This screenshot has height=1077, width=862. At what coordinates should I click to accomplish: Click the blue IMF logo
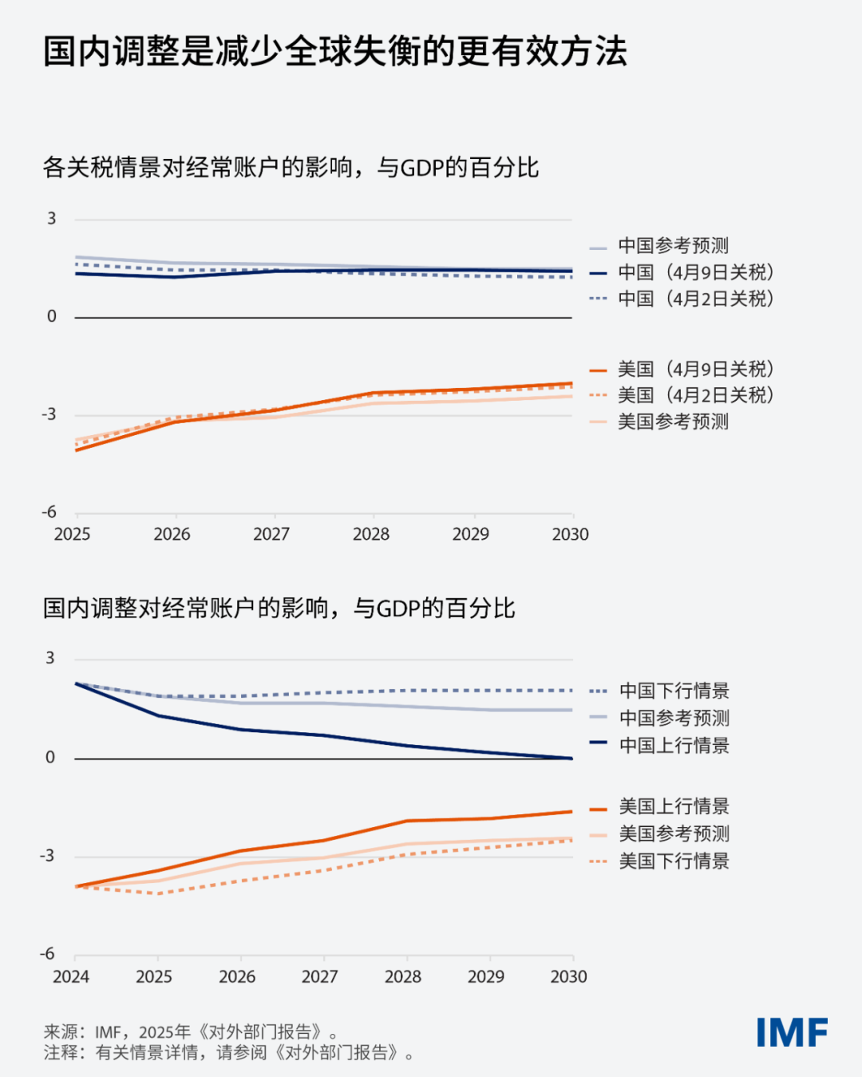coord(792,1032)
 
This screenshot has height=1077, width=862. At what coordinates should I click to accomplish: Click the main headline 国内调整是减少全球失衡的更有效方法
coord(335,52)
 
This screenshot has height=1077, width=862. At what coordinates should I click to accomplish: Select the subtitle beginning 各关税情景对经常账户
coord(291,168)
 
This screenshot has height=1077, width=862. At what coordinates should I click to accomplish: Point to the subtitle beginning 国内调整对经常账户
coord(279,608)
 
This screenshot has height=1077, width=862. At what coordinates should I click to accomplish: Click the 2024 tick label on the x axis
coord(71,976)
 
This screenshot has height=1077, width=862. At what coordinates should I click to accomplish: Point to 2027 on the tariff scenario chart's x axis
coord(271,534)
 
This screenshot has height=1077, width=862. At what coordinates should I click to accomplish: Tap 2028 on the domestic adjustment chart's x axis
coord(403,976)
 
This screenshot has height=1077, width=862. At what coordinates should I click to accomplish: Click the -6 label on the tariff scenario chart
coord(49,512)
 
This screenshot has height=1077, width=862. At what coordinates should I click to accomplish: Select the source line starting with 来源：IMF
coord(192,1032)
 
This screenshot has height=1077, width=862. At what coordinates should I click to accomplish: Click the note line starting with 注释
coord(229,1053)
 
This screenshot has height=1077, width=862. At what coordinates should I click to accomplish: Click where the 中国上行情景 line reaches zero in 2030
coord(571,758)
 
